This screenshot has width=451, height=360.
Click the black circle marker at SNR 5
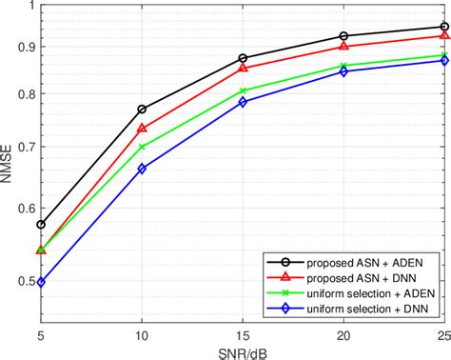[x=41, y=225]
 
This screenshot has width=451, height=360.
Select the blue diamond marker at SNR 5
[x=41, y=282]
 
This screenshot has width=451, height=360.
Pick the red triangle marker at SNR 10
[x=142, y=128]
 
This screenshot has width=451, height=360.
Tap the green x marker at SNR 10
[x=142, y=147]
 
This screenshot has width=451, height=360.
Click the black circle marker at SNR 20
[x=343, y=36]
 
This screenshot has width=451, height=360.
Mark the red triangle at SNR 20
[x=343, y=46]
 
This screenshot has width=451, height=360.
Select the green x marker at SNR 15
[x=243, y=90]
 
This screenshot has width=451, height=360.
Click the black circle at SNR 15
[x=243, y=58]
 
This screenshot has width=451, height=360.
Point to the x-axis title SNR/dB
[x=243, y=352]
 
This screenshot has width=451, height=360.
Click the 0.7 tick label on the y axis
[x=24, y=147]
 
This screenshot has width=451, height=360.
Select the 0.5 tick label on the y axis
[x=24, y=281]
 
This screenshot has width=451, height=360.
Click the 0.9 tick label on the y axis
[x=24, y=46]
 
